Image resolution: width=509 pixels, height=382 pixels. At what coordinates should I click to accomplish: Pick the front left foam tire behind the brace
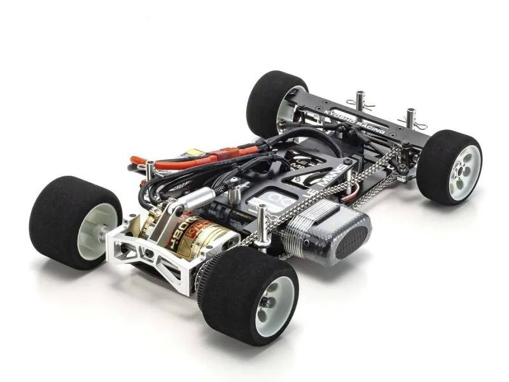coord(270,102)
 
